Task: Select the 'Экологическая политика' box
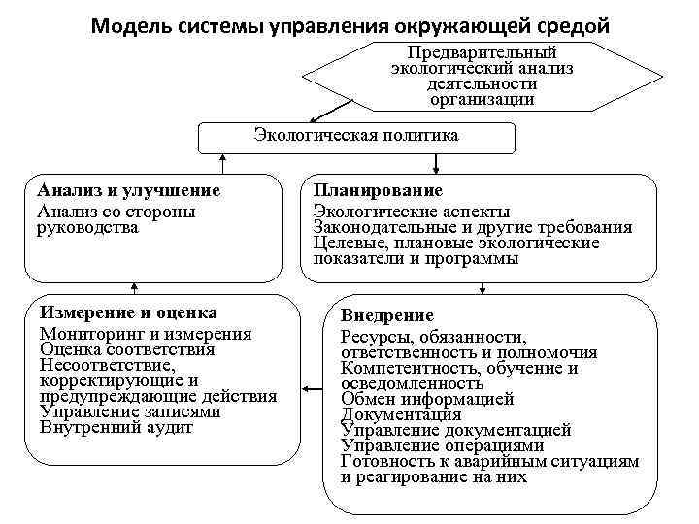(355, 137)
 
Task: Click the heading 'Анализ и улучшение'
(128, 191)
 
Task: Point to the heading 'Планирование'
(378, 191)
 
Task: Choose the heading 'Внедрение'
(387, 316)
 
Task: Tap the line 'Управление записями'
(130, 411)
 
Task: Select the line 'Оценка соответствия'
(127, 349)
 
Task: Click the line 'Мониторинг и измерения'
(146, 334)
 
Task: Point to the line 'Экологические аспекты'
(411, 212)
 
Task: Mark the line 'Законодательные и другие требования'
(473, 228)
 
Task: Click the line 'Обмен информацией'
(427, 399)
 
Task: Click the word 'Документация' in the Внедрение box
(401, 414)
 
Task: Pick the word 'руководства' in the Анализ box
(87, 228)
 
